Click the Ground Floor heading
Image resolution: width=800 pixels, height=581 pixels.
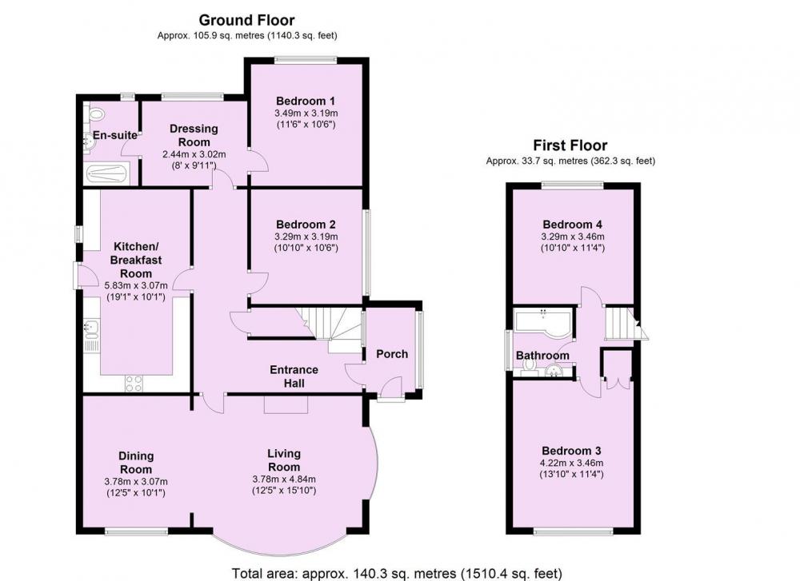click(x=246, y=20)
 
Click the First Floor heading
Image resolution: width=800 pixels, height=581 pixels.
click(x=570, y=145)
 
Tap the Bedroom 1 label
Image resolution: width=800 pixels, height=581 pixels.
click(x=306, y=101)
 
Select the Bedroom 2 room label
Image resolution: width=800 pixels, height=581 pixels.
click(x=306, y=225)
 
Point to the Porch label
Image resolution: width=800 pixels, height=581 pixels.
click(x=392, y=354)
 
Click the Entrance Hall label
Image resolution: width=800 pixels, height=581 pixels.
click(x=294, y=376)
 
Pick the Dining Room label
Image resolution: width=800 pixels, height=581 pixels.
click(x=136, y=463)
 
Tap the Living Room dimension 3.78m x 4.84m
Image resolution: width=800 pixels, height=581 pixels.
click(x=284, y=479)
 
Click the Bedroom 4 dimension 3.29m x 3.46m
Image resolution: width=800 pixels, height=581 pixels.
click(x=573, y=237)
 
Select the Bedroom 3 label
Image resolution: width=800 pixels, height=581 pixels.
click(x=571, y=451)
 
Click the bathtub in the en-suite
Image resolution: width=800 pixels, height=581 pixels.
click(x=106, y=173)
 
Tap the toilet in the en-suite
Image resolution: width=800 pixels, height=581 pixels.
click(x=95, y=113)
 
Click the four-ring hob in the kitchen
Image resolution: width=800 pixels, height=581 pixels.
click(x=134, y=384)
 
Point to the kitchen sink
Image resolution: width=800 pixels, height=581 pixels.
click(x=91, y=328)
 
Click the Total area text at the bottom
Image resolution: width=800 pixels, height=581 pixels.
click(x=397, y=573)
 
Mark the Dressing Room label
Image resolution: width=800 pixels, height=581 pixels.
click(x=194, y=135)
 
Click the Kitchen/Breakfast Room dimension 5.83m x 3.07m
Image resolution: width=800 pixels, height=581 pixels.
click(x=136, y=285)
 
